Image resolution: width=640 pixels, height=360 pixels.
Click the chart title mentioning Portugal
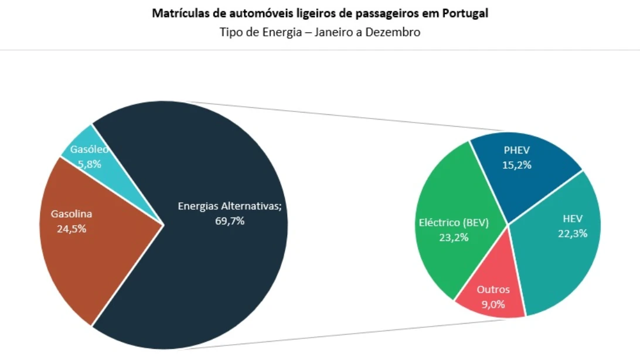(320, 13)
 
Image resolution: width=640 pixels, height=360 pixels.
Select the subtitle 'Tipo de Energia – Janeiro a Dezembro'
(320, 32)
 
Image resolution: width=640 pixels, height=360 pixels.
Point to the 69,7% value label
(230, 221)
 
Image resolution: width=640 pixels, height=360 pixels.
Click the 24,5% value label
(72, 229)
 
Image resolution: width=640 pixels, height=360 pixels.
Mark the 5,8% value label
(90, 165)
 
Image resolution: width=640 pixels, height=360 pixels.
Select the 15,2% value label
(517, 165)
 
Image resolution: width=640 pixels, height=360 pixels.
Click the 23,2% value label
(454, 237)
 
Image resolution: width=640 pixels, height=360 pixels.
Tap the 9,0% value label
(493, 304)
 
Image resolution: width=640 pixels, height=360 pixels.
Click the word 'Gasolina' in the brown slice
(72, 214)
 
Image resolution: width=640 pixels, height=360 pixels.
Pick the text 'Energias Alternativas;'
(230, 206)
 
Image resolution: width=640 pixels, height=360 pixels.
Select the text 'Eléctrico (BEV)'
(454, 223)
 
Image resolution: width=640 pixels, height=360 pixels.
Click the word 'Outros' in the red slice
(493, 290)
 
